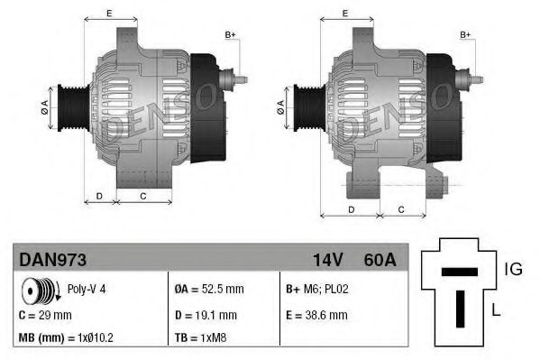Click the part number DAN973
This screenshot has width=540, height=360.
[52, 260]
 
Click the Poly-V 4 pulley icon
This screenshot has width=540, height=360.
[38, 291]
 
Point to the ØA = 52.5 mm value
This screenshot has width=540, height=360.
[209, 291]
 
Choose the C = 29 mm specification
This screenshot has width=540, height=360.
[45, 315]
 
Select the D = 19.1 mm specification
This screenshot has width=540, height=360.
[206, 315]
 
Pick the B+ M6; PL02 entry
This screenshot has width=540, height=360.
[318, 291]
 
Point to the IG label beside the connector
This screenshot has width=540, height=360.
[513, 269]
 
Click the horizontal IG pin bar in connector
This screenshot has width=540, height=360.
[459, 272]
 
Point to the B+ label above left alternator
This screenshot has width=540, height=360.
[230, 34]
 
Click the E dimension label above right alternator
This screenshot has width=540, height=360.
[347, 13]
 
